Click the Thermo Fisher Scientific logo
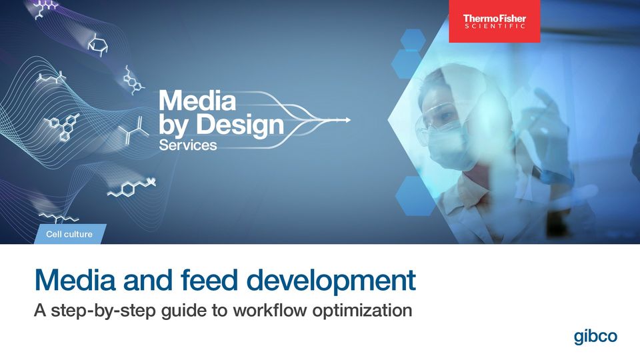click(494, 21)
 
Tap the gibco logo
click(595, 337)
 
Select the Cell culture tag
click(69, 234)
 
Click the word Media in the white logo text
click(197, 101)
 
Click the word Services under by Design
click(188, 145)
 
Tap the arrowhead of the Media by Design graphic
click(347, 120)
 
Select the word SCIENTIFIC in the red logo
click(494, 26)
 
